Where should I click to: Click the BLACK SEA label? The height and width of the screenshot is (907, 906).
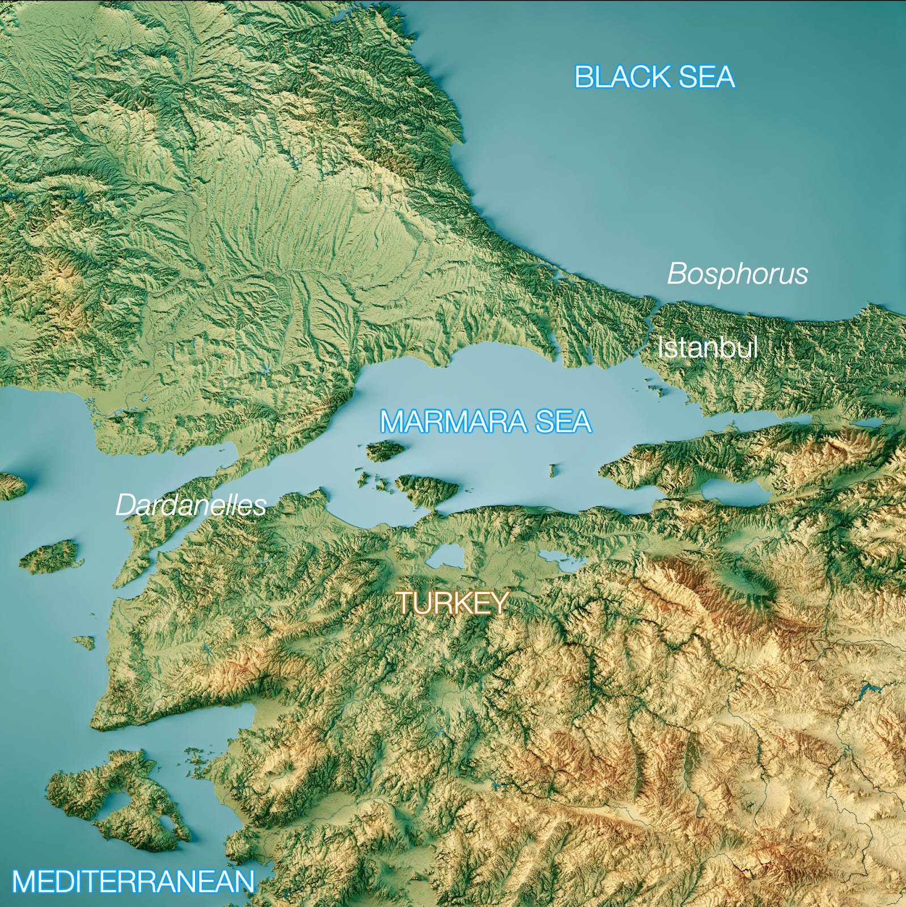point(654,77)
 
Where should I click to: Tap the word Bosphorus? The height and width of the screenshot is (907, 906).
point(737,274)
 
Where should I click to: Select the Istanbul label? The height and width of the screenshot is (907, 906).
point(707,347)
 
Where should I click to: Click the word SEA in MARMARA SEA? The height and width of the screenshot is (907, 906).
point(563,422)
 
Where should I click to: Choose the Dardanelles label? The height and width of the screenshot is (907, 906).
point(190,505)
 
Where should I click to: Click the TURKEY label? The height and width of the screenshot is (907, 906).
point(452,603)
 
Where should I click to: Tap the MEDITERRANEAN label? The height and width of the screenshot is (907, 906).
point(133,881)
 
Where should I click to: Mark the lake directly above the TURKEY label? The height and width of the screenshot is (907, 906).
point(445,556)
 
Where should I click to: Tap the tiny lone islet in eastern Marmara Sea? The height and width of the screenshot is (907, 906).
point(553,469)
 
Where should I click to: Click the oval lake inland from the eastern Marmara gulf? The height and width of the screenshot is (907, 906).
point(734,491)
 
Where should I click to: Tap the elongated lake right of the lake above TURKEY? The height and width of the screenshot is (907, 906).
point(561,558)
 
